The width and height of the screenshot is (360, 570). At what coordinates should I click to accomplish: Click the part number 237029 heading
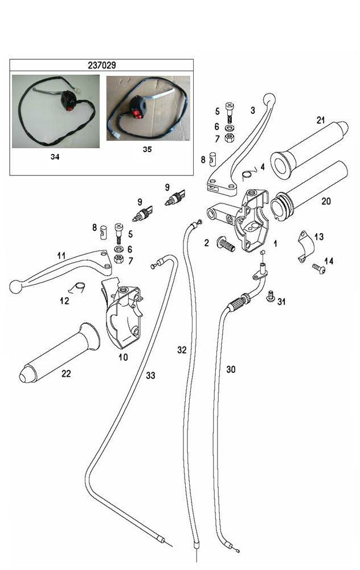coord(102,65)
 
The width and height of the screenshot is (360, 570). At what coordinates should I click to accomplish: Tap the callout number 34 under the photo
coord(55,156)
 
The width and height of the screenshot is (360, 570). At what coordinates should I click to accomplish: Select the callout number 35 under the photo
coord(148,151)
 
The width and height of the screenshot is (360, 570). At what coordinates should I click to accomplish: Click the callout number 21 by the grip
coord(321,120)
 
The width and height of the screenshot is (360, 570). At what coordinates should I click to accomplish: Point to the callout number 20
coord(326,201)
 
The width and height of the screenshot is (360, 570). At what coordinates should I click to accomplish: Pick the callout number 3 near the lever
coord(252,110)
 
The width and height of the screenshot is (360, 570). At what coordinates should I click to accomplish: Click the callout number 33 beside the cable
coord(150,375)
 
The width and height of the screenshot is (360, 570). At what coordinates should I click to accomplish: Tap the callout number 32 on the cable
coord(182,349)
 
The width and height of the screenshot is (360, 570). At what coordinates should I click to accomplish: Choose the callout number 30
coord(231,369)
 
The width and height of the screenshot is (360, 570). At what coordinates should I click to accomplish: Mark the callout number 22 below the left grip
coord(67,374)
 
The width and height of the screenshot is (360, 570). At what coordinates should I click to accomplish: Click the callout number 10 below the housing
coord(123,357)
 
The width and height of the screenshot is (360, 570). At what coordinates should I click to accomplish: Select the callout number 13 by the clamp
coord(319,237)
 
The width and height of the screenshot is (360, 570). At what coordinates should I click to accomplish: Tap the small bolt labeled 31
coord(271,296)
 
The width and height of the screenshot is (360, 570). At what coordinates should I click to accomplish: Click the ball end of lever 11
coord(16,286)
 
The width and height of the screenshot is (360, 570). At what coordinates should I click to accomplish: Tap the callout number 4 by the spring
coord(263,167)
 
